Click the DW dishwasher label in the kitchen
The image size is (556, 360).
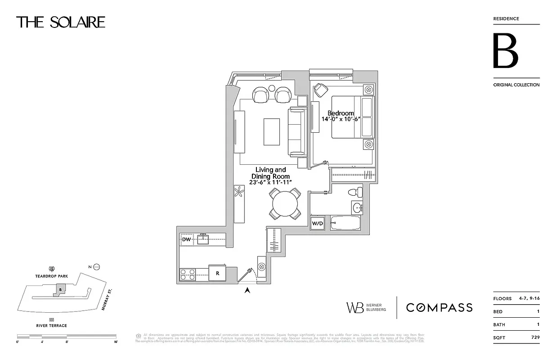click(x=186, y=240)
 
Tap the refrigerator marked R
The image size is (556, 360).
click(x=217, y=273)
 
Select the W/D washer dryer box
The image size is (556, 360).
click(x=318, y=223)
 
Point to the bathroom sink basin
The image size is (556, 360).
click(x=358, y=208)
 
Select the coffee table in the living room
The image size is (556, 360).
click(x=271, y=131)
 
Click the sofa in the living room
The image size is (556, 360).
click(x=297, y=131)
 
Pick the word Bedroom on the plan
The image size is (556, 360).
click(x=341, y=113)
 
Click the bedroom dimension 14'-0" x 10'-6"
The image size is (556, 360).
click(x=341, y=119)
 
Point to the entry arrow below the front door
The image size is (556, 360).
click(x=247, y=291)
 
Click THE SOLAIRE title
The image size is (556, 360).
click(x=61, y=22)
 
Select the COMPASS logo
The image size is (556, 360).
click(x=439, y=307)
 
